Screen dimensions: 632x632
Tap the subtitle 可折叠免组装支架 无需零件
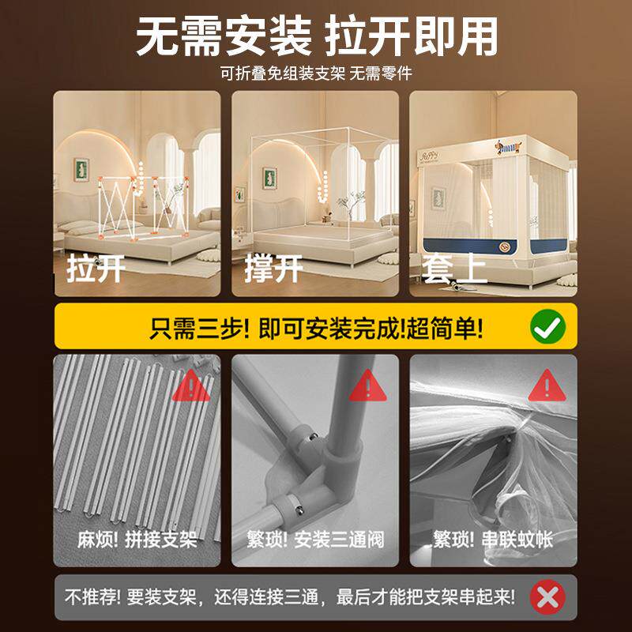point(316,74)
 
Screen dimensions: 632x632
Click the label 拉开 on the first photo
point(96,269)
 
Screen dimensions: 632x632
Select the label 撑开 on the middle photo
point(273,269)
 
